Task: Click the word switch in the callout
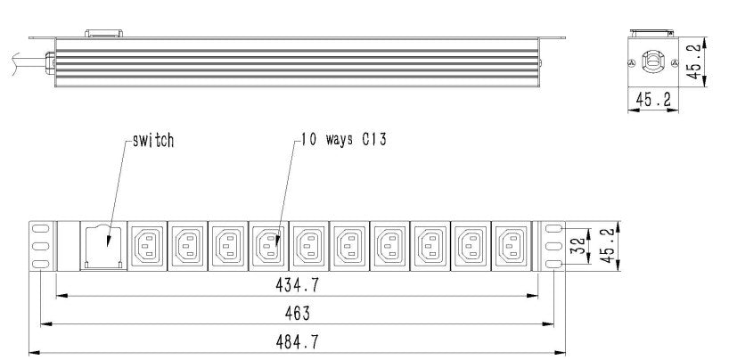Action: pos(153,141)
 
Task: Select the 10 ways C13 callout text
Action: pos(344,140)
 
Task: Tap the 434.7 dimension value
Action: pos(297,285)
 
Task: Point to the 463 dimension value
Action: pos(297,314)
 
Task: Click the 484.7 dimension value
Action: pos(297,342)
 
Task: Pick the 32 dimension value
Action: pos(577,246)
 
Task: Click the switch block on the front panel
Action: pos(103,247)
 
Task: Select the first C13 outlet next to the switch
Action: pos(147,246)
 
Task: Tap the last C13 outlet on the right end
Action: pos(511,246)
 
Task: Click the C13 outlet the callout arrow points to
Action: pos(268,246)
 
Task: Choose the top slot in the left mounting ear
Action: pos(41,228)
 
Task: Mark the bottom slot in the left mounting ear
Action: pos(41,264)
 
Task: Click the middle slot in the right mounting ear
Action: pos(553,246)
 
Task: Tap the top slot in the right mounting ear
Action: pos(553,228)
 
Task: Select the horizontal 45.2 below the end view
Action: pos(653,99)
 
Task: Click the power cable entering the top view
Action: pos(29,62)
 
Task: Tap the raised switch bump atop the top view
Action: pos(103,33)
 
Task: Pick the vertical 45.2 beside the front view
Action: pos(608,246)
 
